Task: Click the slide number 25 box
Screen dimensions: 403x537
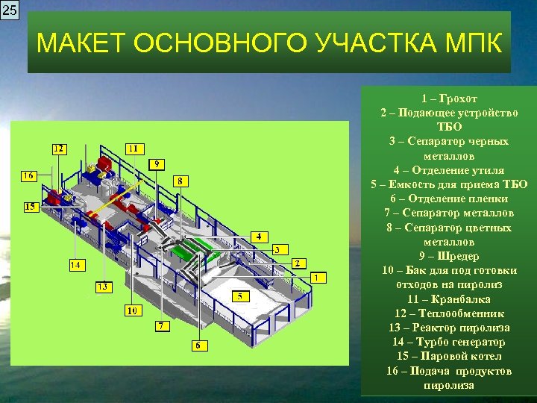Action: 10,10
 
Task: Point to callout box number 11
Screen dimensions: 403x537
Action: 134,148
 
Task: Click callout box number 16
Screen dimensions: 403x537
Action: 28,176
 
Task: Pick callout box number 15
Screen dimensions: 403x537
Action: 31,207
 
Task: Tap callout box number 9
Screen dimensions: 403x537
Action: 157,164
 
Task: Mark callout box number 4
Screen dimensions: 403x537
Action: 259,237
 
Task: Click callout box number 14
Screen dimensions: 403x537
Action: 76,265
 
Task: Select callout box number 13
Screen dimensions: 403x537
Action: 103,287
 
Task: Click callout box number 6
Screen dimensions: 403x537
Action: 198,346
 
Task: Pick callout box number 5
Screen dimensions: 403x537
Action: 239,296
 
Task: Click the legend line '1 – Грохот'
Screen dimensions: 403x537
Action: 448,99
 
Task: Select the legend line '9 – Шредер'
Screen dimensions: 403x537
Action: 448,256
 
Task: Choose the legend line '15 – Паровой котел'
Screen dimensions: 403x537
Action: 448,356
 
